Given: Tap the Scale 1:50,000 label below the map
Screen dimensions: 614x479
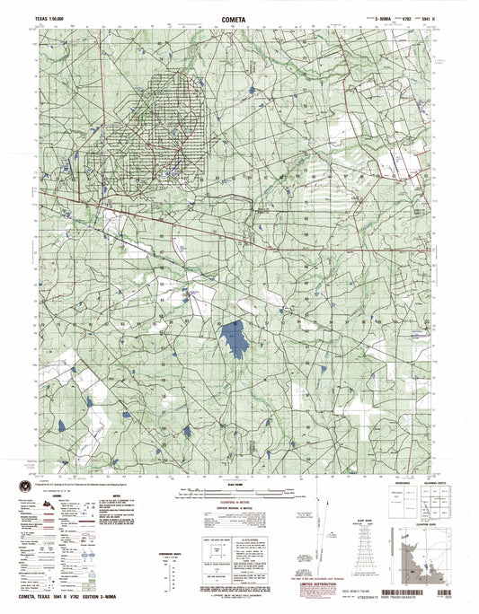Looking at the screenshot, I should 240,486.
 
